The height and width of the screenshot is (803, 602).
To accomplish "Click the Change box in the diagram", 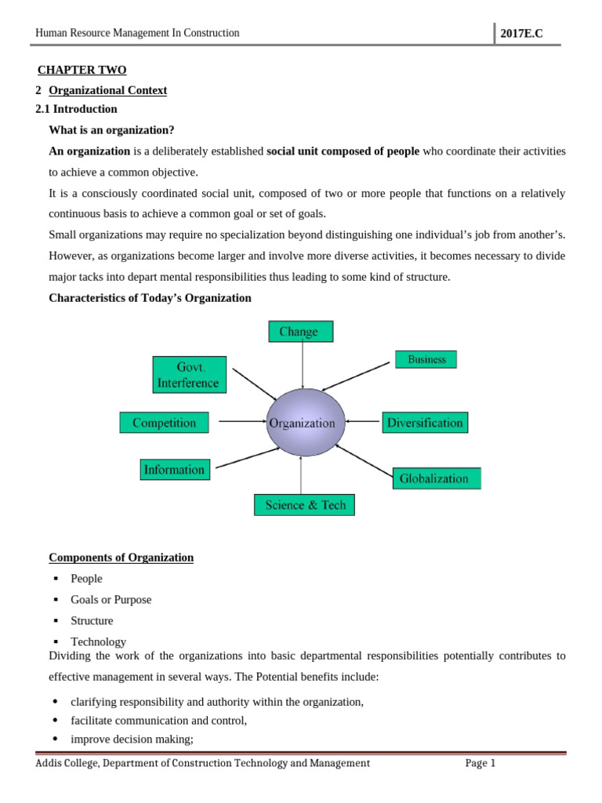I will point(300,332).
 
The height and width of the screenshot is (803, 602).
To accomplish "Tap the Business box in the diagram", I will point(426,360).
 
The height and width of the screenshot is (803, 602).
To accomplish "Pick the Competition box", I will point(164,423).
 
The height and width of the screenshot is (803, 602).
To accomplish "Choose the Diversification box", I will point(425,423).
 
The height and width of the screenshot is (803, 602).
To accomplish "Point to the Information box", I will point(174,470).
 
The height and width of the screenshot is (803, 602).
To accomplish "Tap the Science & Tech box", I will point(304,505).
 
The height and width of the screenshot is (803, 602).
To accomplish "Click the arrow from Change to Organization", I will point(302,365).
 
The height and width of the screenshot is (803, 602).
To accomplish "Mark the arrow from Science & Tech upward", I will point(301,474).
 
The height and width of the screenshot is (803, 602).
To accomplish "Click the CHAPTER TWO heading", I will point(82,70).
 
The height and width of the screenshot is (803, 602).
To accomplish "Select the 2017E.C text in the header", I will point(521,34).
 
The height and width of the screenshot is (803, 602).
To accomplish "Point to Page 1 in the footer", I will point(480,763).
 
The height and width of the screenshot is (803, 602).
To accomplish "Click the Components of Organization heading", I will point(121,558).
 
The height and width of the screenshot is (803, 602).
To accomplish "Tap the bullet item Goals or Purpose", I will point(111,600).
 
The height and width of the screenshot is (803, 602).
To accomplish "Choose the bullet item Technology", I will point(98,641).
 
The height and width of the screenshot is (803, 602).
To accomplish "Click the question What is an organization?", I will point(111,129).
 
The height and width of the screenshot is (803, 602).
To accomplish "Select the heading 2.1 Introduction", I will point(76,109).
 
